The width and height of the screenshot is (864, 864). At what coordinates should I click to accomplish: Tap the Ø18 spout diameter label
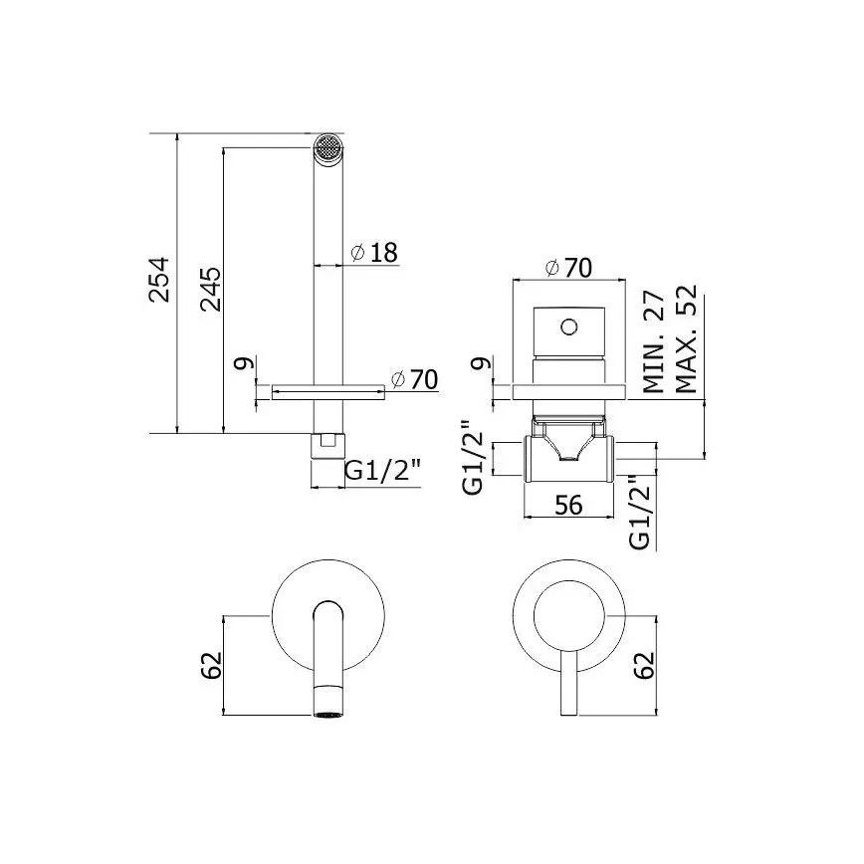click(375, 253)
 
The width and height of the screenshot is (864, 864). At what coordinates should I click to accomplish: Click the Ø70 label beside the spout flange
click(414, 380)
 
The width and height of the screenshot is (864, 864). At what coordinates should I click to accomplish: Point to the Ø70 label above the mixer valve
click(569, 268)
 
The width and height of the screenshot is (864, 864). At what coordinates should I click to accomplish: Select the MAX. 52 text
click(688, 343)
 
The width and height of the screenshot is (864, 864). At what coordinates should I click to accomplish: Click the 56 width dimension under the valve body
click(568, 506)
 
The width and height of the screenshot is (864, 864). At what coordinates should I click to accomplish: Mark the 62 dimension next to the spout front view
click(210, 665)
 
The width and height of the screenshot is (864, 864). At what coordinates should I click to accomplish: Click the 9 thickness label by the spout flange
click(241, 365)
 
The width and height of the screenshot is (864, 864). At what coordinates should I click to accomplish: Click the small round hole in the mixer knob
click(568, 325)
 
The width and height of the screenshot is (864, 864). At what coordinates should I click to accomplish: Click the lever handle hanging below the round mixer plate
click(568, 687)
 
